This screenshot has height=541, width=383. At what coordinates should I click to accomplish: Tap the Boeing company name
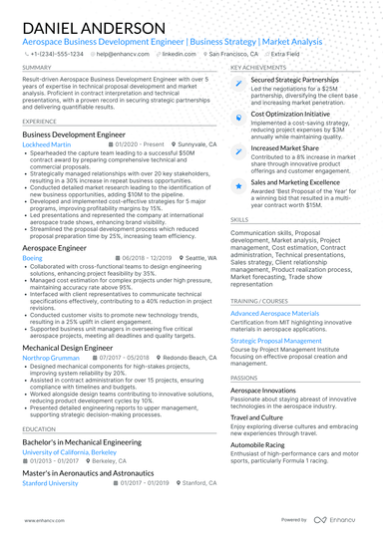tap(32, 257)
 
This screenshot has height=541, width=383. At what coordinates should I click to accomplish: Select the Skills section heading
tap(239, 219)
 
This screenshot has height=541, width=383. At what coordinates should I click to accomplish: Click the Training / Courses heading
tap(263, 299)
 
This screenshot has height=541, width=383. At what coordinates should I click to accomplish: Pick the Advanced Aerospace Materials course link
tap(274, 313)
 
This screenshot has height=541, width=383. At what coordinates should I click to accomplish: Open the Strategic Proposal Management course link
tap(280, 340)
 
